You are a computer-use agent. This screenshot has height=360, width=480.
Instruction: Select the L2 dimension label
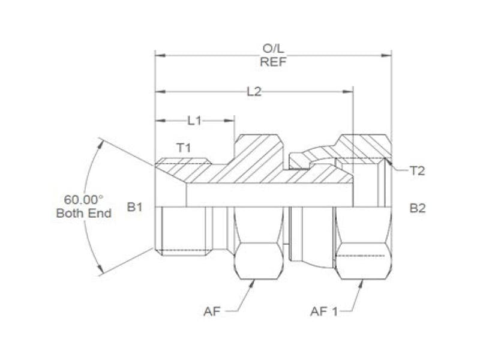254,91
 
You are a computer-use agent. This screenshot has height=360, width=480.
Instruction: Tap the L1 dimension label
194,121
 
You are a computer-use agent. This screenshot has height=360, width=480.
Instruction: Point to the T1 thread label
183,148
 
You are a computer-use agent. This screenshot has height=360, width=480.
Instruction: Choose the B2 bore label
418,208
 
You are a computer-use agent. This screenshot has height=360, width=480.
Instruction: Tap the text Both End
84,213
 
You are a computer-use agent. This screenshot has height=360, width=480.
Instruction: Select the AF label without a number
211,311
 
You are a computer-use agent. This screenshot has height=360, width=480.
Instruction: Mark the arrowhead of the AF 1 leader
361,283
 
